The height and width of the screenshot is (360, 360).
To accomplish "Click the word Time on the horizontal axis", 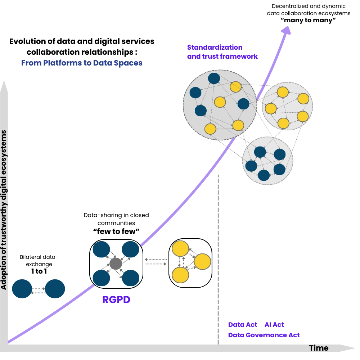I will [319, 348].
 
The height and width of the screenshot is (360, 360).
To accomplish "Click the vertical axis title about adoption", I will [4, 210].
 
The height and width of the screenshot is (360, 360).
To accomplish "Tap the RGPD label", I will [116, 300].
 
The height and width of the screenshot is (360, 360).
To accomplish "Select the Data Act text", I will [243, 324].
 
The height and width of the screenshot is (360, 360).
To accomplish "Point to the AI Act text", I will [274, 324].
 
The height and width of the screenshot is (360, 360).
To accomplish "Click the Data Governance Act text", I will [264, 335].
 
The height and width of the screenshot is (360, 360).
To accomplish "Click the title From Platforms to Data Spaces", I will [82, 63].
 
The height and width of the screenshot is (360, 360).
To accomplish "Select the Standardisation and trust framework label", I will [222, 52].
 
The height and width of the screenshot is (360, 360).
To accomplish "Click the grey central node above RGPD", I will [116, 264].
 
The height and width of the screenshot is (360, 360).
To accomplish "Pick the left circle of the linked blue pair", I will [22, 289].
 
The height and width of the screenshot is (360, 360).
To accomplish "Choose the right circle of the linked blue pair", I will [55, 289].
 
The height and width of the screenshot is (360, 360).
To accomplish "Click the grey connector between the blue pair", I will [39, 289].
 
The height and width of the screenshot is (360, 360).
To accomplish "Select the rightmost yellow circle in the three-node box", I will [202, 262].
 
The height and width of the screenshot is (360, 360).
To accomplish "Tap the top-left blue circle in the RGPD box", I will [101, 249].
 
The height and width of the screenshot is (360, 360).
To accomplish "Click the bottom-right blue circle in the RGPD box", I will [130, 278].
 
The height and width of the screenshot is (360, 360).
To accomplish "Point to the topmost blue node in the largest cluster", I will [214, 78].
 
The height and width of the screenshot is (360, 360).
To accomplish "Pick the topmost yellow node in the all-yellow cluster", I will [283, 92].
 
